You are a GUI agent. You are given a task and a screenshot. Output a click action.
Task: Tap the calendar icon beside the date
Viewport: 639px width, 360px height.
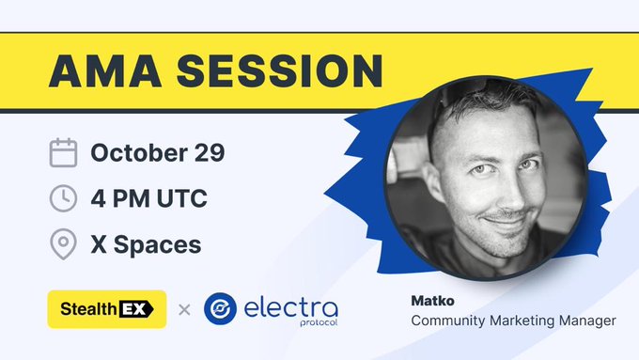(x=63, y=152)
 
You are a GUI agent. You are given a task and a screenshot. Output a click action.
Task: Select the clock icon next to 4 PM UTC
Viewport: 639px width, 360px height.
(x=63, y=198)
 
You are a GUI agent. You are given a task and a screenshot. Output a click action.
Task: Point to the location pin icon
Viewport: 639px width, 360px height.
(x=63, y=244)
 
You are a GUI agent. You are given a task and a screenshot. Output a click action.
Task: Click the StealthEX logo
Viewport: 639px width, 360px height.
(x=106, y=308)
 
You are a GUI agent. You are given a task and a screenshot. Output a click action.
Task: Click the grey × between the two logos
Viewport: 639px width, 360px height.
(x=184, y=308)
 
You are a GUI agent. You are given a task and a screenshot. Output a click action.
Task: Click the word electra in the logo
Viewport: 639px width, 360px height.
(x=291, y=305)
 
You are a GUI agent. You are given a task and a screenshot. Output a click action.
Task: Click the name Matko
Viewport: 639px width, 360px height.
(x=432, y=301)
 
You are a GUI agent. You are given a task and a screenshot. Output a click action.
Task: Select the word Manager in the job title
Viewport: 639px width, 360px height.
(x=588, y=321)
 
